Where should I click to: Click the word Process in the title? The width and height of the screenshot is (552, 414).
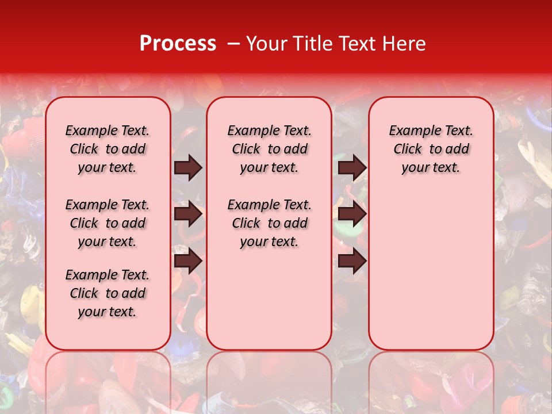178,44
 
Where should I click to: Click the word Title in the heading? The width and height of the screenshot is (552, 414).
311,44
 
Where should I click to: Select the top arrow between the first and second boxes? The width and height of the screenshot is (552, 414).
188,167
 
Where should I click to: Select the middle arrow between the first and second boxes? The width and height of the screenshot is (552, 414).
188,214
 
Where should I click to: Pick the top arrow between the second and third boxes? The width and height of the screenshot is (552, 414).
352,167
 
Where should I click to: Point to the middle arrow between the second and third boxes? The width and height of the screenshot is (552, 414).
352,214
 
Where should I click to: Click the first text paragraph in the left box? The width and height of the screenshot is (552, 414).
108,149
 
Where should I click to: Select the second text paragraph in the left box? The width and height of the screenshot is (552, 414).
108,223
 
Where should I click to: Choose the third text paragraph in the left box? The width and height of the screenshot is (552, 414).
108,293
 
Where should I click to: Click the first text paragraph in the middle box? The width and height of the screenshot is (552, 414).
269,149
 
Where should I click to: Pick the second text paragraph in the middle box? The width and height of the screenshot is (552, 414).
269,223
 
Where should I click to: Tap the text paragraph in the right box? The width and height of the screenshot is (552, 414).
431,149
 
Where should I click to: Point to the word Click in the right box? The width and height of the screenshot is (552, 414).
408,149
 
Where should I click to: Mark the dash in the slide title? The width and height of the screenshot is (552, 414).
233,44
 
